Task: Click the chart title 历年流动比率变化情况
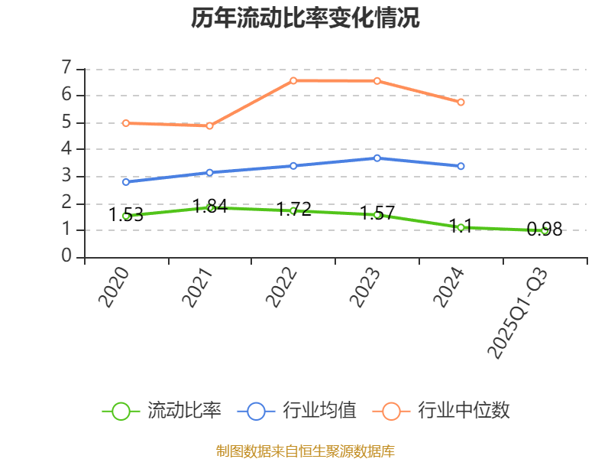pos(305,18)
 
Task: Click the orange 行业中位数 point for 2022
pos(293,80)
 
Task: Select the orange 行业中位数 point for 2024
pos(461,102)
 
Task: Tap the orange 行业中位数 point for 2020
pos(126,123)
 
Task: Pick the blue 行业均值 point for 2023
pos(377,158)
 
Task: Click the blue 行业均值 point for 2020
pos(126,182)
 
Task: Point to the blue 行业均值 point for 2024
pos(461,166)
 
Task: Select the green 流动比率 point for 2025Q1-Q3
pos(545,230)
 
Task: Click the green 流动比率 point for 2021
pos(210,207)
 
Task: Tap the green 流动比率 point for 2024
pos(461,227)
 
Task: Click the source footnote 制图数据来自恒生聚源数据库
pos(305,451)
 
